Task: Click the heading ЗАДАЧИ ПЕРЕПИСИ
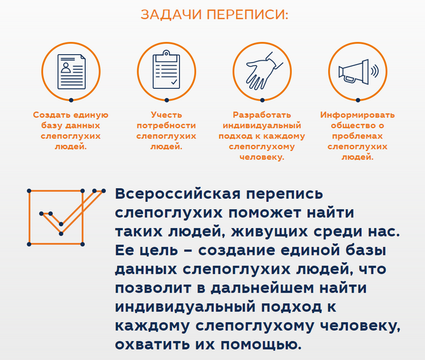click(x=214, y=14)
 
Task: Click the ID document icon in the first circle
click(x=71, y=71)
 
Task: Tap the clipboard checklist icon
click(x=166, y=70)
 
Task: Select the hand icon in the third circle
click(x=264, y=71)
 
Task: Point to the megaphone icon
click(x=358, y=72)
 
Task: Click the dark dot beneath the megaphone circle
click(x=358, y=100)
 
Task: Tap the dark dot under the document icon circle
click(x=71, y=100)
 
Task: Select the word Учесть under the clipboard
click(x=167, y=115)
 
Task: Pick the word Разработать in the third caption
click(x=262, y=115)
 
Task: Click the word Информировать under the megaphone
click(x=358, y=115)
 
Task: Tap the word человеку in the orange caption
click(x=262, y=157)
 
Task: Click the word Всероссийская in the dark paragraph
click(x=178, y=193)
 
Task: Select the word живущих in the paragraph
click(x=269, y=231)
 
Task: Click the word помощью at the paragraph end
click(x=261, y=345)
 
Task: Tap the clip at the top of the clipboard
click(x=166, y=53)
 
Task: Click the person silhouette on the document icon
click(x=65, y=67)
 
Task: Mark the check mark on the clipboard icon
click(x=174, y=82)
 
